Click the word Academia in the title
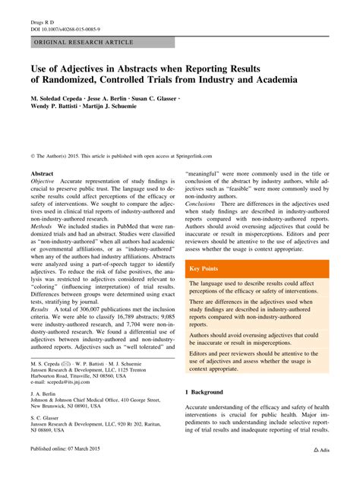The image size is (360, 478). click(267, 80)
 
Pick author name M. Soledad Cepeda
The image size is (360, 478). click(62, 100)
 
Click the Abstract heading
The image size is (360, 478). click(43, 173)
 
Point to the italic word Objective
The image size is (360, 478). click(43, 182)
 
